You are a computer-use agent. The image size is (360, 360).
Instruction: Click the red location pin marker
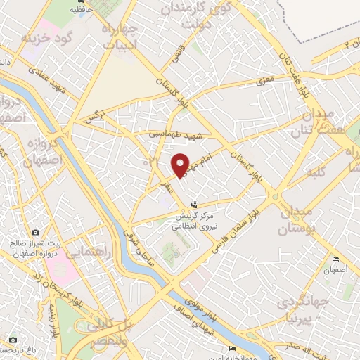point(180,165)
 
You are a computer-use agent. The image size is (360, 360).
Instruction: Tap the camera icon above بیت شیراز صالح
point(35,233)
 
